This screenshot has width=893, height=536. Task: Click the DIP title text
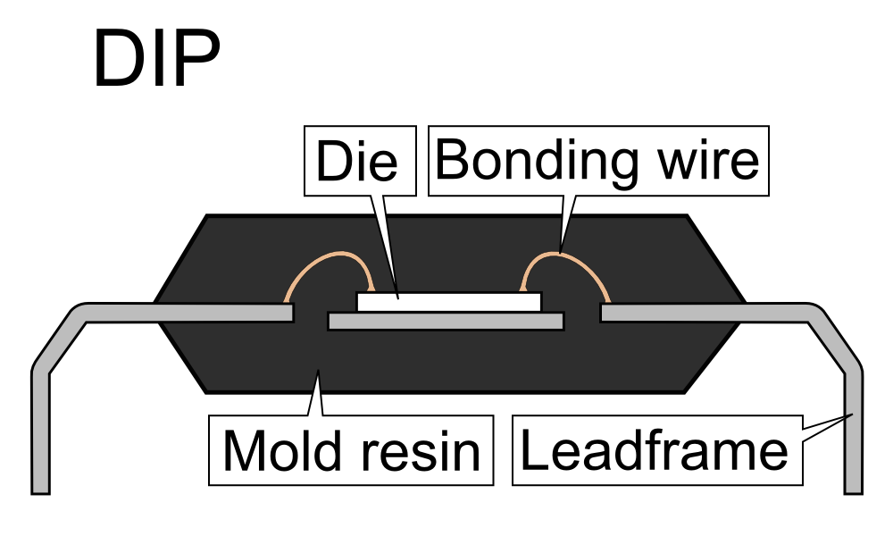[156, 60]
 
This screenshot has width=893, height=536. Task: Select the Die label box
[361, 161]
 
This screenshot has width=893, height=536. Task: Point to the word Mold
[277, 450]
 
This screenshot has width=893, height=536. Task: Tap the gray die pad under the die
[446, 321]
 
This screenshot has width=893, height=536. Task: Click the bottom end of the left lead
[40, 487]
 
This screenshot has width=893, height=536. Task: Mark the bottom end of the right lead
[854, 487]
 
